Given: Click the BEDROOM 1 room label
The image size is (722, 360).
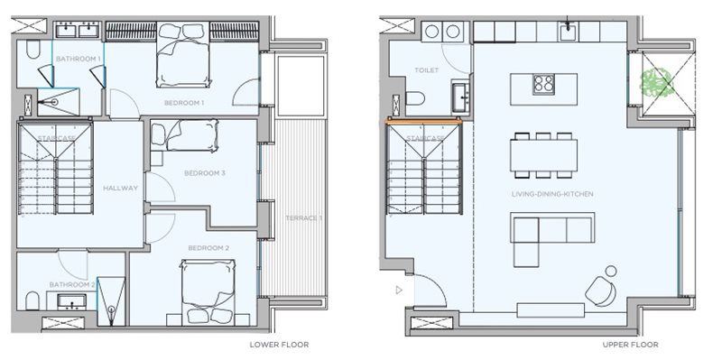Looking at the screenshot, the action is (184, 103).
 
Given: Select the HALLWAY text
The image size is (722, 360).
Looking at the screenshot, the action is (120, 188).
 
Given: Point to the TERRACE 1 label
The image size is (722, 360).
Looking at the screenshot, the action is (303, 217).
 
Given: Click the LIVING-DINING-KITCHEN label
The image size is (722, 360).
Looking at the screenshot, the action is (552, 194).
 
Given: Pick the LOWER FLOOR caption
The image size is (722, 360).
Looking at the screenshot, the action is (279, 345).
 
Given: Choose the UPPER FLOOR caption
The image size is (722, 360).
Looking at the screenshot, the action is (630, 345).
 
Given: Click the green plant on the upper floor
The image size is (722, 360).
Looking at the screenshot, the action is (658, 83).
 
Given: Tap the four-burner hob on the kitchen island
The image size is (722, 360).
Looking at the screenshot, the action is (543, 85).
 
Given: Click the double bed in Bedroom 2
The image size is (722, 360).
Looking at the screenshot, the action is (208, 291).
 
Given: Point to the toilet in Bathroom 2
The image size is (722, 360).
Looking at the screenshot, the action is (32, 300).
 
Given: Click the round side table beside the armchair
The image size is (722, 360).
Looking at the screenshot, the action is (611, 271).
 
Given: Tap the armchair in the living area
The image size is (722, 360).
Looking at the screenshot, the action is (601, 291).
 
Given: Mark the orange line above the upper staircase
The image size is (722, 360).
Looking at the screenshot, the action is (423, 123).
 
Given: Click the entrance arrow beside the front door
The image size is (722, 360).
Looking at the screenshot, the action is (399, 290).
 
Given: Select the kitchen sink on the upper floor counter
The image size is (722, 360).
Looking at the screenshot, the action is (568, 32).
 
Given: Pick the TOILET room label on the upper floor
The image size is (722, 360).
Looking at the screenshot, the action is (426, 70).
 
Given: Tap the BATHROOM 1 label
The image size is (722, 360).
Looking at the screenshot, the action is (79, 59).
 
